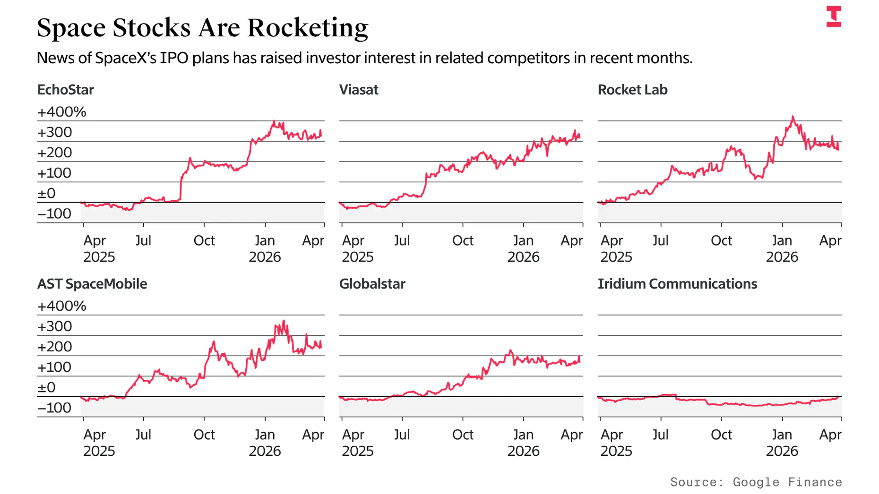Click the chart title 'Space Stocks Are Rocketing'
[x=202, y=27]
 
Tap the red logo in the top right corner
[x=834, y=17]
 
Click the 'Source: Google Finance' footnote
[x=756, y=482]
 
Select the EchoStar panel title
[x=65, y=90]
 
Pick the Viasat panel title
[x=359, y=90]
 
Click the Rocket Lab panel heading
[x=632, y=90]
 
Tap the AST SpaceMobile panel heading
[x=92, y=284]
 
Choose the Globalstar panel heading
[x=372, y=284]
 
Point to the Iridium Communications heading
[x=677, y=284]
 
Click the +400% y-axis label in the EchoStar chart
[x=62, y=112]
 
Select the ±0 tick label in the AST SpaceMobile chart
[x=46, y=387]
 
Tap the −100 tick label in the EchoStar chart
[x=54, y=213]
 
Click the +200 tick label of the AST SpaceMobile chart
[x=55, y=347]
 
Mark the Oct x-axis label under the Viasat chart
[x=462, y=240]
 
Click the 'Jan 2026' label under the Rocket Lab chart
[x=782, y=248]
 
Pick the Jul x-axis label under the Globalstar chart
[x=402, y=434]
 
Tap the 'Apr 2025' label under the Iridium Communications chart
[x=616, y=443]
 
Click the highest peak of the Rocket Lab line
[x=793, y=117]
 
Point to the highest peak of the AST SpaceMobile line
[x=284, y=321]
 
